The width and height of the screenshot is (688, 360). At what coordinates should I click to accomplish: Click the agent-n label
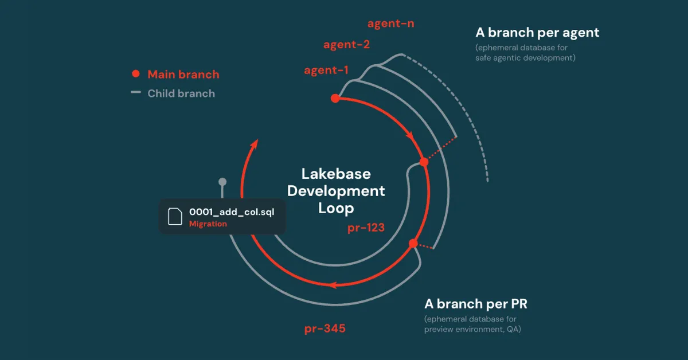[x=390, y=24]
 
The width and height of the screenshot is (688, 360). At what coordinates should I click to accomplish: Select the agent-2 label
[x=346, y=45]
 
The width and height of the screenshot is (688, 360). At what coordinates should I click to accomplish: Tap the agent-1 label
[x=326, y=71]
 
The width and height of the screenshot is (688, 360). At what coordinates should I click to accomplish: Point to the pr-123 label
[x=366, y=228]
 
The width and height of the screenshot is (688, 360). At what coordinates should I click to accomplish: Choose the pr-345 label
[x=325, y=328]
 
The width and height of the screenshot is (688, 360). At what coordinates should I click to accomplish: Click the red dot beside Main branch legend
[x=136, y=74]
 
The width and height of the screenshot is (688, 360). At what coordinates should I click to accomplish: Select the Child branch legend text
[x=181, y=93]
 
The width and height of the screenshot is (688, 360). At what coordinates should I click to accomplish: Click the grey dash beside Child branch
[x=136, y=92]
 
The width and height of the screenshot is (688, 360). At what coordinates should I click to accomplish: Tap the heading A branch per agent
[x=537, y=33]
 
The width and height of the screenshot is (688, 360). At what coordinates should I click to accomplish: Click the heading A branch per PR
[x=476, y=304]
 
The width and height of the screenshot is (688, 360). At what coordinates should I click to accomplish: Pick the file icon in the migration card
[x=175, y=217]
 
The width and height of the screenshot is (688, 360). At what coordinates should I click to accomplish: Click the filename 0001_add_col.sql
[x=232, y=212]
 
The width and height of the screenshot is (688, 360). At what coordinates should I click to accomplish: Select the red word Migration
[x=208, y=224]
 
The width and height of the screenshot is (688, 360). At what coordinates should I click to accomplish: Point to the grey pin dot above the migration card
[x=222, y=182]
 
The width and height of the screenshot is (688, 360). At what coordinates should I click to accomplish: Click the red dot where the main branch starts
[x=335, y=98]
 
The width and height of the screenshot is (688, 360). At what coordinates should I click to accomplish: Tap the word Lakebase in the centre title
[x=336, y=174]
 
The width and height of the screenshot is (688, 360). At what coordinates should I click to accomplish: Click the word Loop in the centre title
[x=336, y=209]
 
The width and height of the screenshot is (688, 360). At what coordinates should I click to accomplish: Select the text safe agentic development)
[x=525, y=58]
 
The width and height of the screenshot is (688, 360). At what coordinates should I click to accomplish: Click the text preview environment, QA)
[x=472, y=329]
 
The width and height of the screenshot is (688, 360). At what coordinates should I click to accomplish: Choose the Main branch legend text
[x=183, y=75]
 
